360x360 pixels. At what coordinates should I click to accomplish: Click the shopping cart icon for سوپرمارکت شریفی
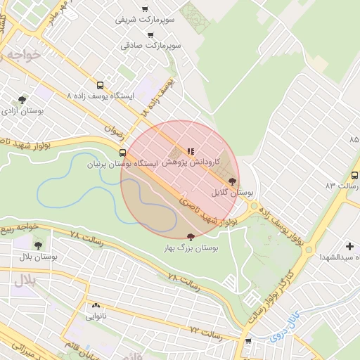(145, 9)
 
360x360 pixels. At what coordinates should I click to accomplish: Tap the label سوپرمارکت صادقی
(150, 45)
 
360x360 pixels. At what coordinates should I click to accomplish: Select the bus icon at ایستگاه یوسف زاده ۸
(100, 84)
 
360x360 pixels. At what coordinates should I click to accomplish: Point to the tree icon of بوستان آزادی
(22, 100)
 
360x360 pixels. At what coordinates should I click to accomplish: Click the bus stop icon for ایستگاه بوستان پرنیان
(123, 153)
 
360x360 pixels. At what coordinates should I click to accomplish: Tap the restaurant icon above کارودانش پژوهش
(190, 151)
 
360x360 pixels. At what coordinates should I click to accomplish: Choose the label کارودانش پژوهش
(196, 162)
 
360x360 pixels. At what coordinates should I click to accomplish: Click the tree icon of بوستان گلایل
(232, 181)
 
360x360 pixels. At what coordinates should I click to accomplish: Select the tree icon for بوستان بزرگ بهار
(191, 237)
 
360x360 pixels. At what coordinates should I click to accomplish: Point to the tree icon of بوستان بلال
(38, 245)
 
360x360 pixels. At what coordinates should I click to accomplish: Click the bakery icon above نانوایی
(96, 305)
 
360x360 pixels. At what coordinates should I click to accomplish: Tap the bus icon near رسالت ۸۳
(354, 175)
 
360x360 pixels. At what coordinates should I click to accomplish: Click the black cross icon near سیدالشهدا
(349, 246)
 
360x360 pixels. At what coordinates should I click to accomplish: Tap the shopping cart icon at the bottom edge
(247, 341)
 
